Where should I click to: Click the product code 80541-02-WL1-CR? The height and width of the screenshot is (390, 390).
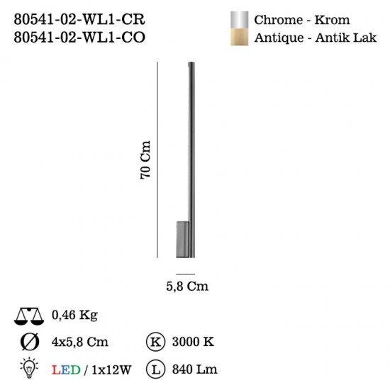pos(79,19)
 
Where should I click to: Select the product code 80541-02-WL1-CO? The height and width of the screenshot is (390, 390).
pos(79,38)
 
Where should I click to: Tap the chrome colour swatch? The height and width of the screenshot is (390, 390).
pos(239,20)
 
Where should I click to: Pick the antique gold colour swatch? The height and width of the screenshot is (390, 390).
pos(239,37)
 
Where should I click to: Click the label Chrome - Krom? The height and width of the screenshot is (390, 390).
pos(301,20)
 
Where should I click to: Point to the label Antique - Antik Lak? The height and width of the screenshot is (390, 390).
pos(315,38)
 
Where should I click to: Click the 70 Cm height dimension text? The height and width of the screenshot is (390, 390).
pos(145,160)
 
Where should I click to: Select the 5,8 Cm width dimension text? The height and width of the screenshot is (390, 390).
pos(187,286)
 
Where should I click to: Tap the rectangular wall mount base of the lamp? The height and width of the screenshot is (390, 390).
pos(182,239)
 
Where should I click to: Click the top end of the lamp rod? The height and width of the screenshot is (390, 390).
pos(191,62)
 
